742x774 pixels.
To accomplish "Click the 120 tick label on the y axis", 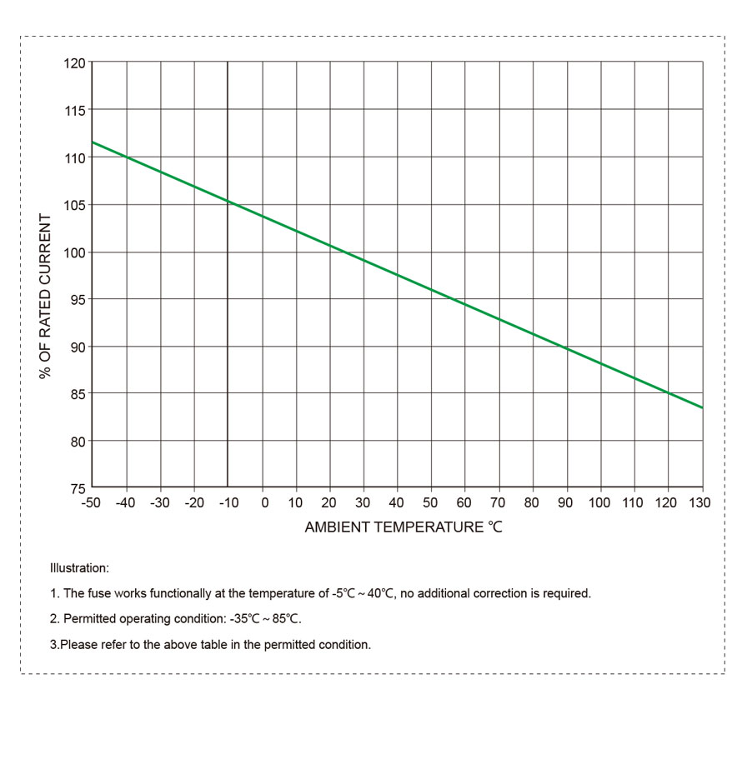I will [75, 63].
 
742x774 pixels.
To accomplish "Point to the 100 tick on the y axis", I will [92, 252].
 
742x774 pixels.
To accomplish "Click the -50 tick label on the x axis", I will [90, 503].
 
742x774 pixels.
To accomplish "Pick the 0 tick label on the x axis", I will [264, 503].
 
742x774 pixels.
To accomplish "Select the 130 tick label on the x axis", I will [699, 503].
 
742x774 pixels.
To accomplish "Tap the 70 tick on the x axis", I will [499, 487].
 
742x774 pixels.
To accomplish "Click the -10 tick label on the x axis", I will [226, 503].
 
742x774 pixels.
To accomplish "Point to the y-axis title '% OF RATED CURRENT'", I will [46, 297].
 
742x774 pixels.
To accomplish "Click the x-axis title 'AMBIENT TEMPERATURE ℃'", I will [404, 527].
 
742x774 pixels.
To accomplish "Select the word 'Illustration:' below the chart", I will [79, 568].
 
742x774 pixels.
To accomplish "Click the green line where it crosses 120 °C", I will [669, 393].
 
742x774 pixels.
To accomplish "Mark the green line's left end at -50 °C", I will [93, 142].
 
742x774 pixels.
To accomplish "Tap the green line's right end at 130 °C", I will [702, 407].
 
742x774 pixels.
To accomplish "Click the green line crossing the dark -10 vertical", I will [228, 201].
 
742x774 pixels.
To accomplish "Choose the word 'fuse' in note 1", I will [100, 594].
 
